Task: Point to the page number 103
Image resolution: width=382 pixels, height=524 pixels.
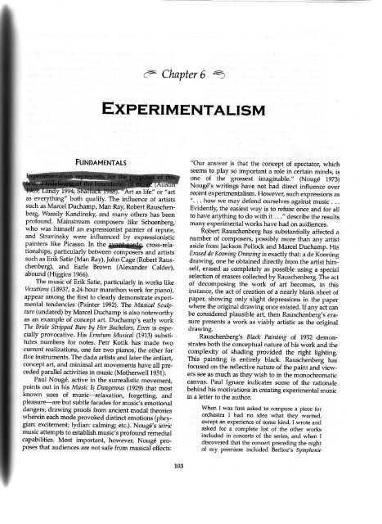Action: coord(191,495)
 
